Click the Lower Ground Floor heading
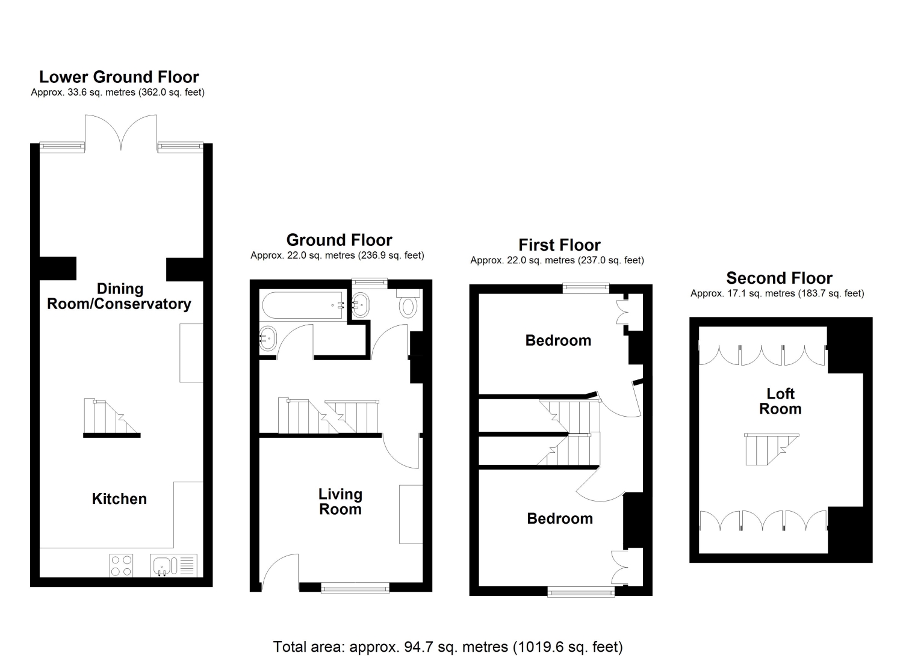point(119,77)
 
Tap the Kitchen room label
point(119,499)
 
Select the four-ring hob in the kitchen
point(121,565)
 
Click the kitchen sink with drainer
point(174,565)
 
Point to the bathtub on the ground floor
point(303,305)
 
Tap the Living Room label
point(340,501)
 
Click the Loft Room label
point(780,401)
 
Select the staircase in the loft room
point(772,449)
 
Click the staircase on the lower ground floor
point(111,418)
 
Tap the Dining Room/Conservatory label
point(119,296)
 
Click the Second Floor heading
point(779,278)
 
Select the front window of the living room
point(355,588)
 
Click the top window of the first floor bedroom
point(586,288)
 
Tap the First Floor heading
point(559,245)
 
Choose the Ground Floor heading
point(339,240)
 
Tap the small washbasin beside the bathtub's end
point(361,304)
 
